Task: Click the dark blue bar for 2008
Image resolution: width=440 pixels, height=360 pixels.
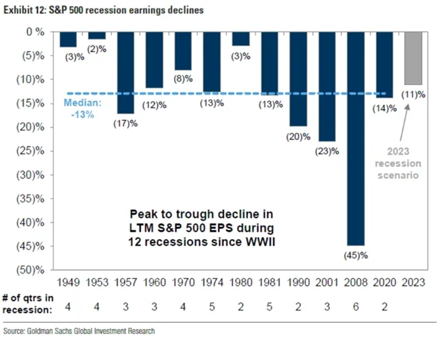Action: (355, 137)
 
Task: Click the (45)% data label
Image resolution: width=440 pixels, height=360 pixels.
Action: (355, 256)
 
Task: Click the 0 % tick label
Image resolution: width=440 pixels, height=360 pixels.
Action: (36, 32)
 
